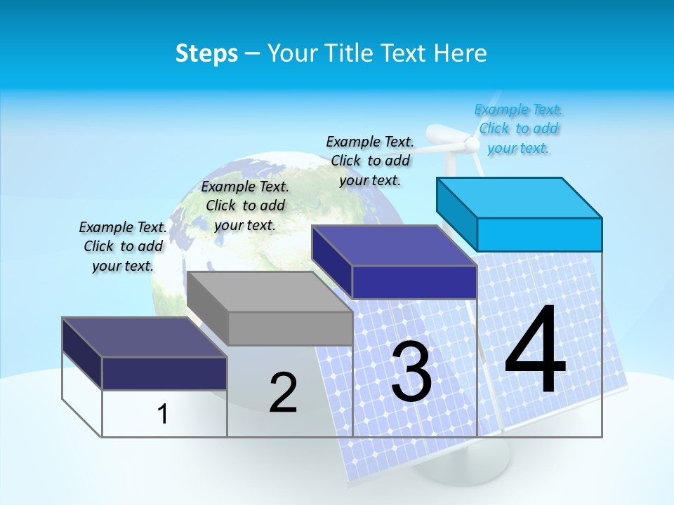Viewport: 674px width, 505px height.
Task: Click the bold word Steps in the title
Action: click(206, 54)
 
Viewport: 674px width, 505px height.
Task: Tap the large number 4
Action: click(535, 350)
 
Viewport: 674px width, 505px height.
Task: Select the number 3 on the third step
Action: click(411, 372)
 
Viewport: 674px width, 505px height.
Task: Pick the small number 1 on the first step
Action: click(162, 414)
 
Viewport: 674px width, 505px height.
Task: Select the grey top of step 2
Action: click(270, 291)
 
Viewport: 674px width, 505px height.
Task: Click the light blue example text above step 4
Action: click(519, 129)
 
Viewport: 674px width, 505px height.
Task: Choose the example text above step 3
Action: click(370, 161)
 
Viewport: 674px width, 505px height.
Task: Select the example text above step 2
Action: click(245, 206)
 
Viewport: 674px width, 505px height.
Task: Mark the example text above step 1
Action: click(123, 247)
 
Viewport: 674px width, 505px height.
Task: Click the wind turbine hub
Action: click(472, 146)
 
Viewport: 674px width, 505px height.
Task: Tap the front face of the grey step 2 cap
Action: click(291, 329)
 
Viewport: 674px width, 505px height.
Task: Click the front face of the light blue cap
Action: click(539, 234)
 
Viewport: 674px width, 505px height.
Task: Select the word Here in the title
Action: click(461, 54)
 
